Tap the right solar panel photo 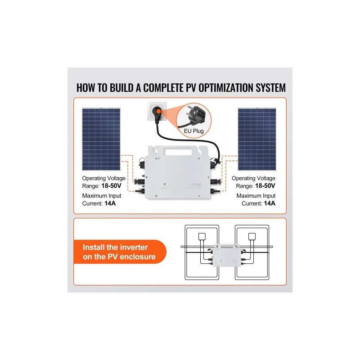coord(257,139)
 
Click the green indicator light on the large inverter coord(165,184)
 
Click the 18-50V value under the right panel coord(265,186)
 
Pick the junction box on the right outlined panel coord(252,236)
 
